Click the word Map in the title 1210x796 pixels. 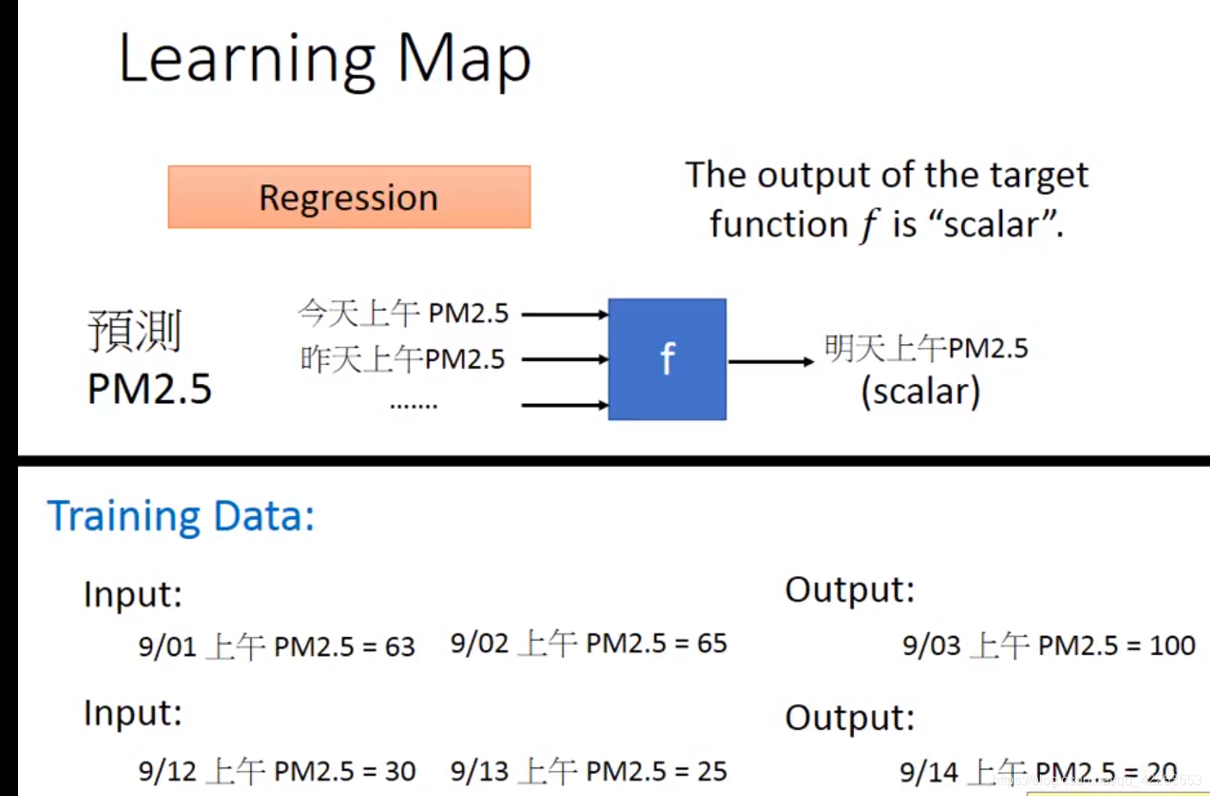(x=464, y=60)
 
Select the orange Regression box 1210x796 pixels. (x=349, y=197)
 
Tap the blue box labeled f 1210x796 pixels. (x=667, y=359)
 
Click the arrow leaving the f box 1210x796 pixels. (x=771, y=362)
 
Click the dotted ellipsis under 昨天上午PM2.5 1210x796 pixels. (x=414, y=405)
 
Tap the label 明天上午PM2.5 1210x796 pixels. (x=926, y=348)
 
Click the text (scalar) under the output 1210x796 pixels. (x=921, y=392)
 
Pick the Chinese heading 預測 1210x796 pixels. (x=135, y=331)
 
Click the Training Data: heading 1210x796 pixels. (x=181, y=517)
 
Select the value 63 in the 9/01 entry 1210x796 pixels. (x=400, y=646)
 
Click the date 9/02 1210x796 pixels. (x=480, y=643)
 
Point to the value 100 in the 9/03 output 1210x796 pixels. (x=1172, y=646)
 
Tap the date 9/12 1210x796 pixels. (x=168, y=771)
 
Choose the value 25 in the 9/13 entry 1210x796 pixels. (x=711, y=771)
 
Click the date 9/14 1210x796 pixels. (x=929, y=772)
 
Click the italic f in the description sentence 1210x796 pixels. (x=869, y=226)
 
